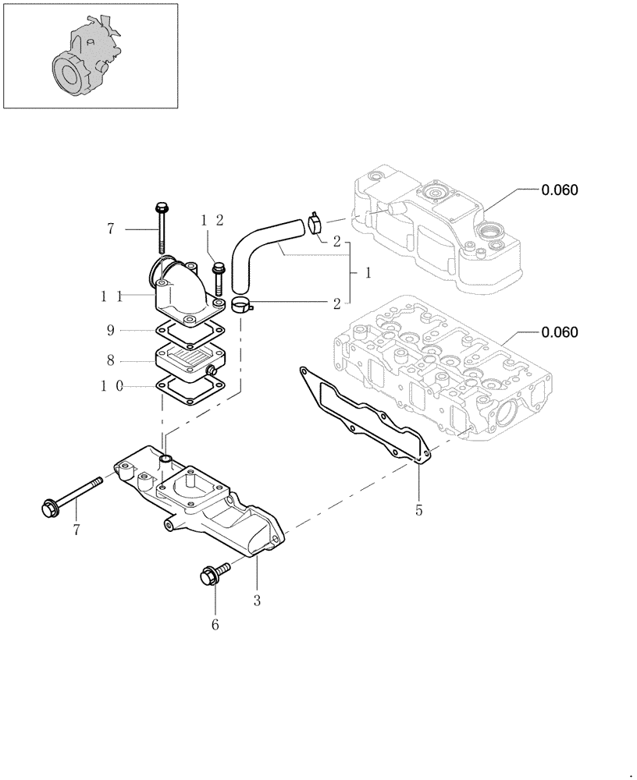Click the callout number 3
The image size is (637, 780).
[257, 601]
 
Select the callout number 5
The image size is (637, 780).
[419, 511]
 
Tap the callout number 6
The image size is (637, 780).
[215, 624]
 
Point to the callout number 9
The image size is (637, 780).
[111, 331]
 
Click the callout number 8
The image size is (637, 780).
[111, 360]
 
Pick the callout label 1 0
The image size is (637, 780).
[111, 385]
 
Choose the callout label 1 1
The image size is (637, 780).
[111, 296]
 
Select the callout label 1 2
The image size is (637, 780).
[212, 221]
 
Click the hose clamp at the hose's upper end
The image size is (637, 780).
[316, 223]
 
